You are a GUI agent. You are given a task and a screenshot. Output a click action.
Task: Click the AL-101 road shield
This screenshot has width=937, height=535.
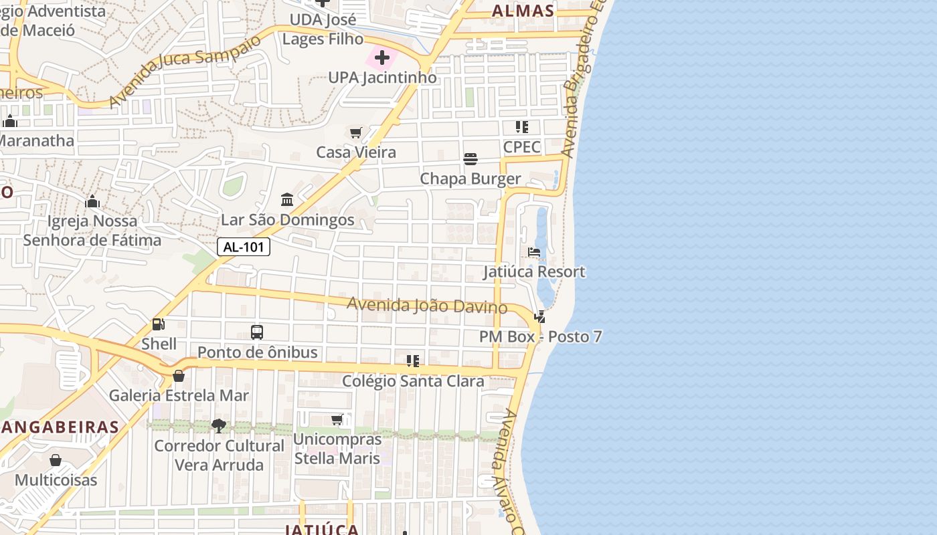pyautogui.click(x=244, y=247)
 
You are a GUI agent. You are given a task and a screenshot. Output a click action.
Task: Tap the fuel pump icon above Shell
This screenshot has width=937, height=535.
pyautogui.click(x=159, y=324)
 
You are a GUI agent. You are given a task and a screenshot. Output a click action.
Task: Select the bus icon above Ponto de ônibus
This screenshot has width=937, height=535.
pyautogui.click(x=257, y=332)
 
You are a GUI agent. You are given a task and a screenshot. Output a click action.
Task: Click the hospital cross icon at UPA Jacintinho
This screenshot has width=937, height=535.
pyautogui.click(x=382, y=58)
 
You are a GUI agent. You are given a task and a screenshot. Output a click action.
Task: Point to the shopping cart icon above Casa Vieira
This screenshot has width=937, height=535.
pyautogui.click(x=356, y=132)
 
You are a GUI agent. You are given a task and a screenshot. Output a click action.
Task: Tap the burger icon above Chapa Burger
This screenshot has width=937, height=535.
pyautogui.click(x=471, y=159)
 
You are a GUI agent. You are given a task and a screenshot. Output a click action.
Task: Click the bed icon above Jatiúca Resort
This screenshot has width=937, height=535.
pyautogui.click(x=534, y=252)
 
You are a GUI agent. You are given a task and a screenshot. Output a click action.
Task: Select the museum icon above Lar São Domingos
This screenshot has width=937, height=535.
pyautogui.click(x=288, y=199)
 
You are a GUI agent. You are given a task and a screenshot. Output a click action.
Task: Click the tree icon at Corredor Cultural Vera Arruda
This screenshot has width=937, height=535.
pyautogui.click(x=219, y=425)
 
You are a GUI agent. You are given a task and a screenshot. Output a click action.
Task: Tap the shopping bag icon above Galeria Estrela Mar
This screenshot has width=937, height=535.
pyautogui.click(x=179, y=376)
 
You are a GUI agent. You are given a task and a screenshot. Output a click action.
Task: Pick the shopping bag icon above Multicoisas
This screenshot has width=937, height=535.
pyautogui.click(x=56, y=460)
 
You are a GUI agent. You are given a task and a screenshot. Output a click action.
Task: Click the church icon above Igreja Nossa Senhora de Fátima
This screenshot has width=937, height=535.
pyautogui.click(x=92, y=201)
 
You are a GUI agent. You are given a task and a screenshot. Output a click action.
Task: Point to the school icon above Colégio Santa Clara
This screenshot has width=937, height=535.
pyautogui.click(x=413, y=361)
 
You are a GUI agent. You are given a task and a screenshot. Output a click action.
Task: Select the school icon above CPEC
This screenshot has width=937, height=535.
pyautogui.click(x=522, y=127)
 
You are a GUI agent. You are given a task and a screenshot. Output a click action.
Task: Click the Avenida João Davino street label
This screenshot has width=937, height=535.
pyautogui.click(x=426, y=305)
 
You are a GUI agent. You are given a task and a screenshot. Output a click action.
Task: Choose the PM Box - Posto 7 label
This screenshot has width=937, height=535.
pyautogui.click(x=540, y=336)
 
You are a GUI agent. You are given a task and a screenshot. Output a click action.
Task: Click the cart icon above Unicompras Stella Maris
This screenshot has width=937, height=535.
pyautogui.click(x=337, y=420)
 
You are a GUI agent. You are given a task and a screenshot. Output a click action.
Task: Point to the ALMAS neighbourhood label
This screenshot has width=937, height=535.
pyautogui.click(x=523, y=11)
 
